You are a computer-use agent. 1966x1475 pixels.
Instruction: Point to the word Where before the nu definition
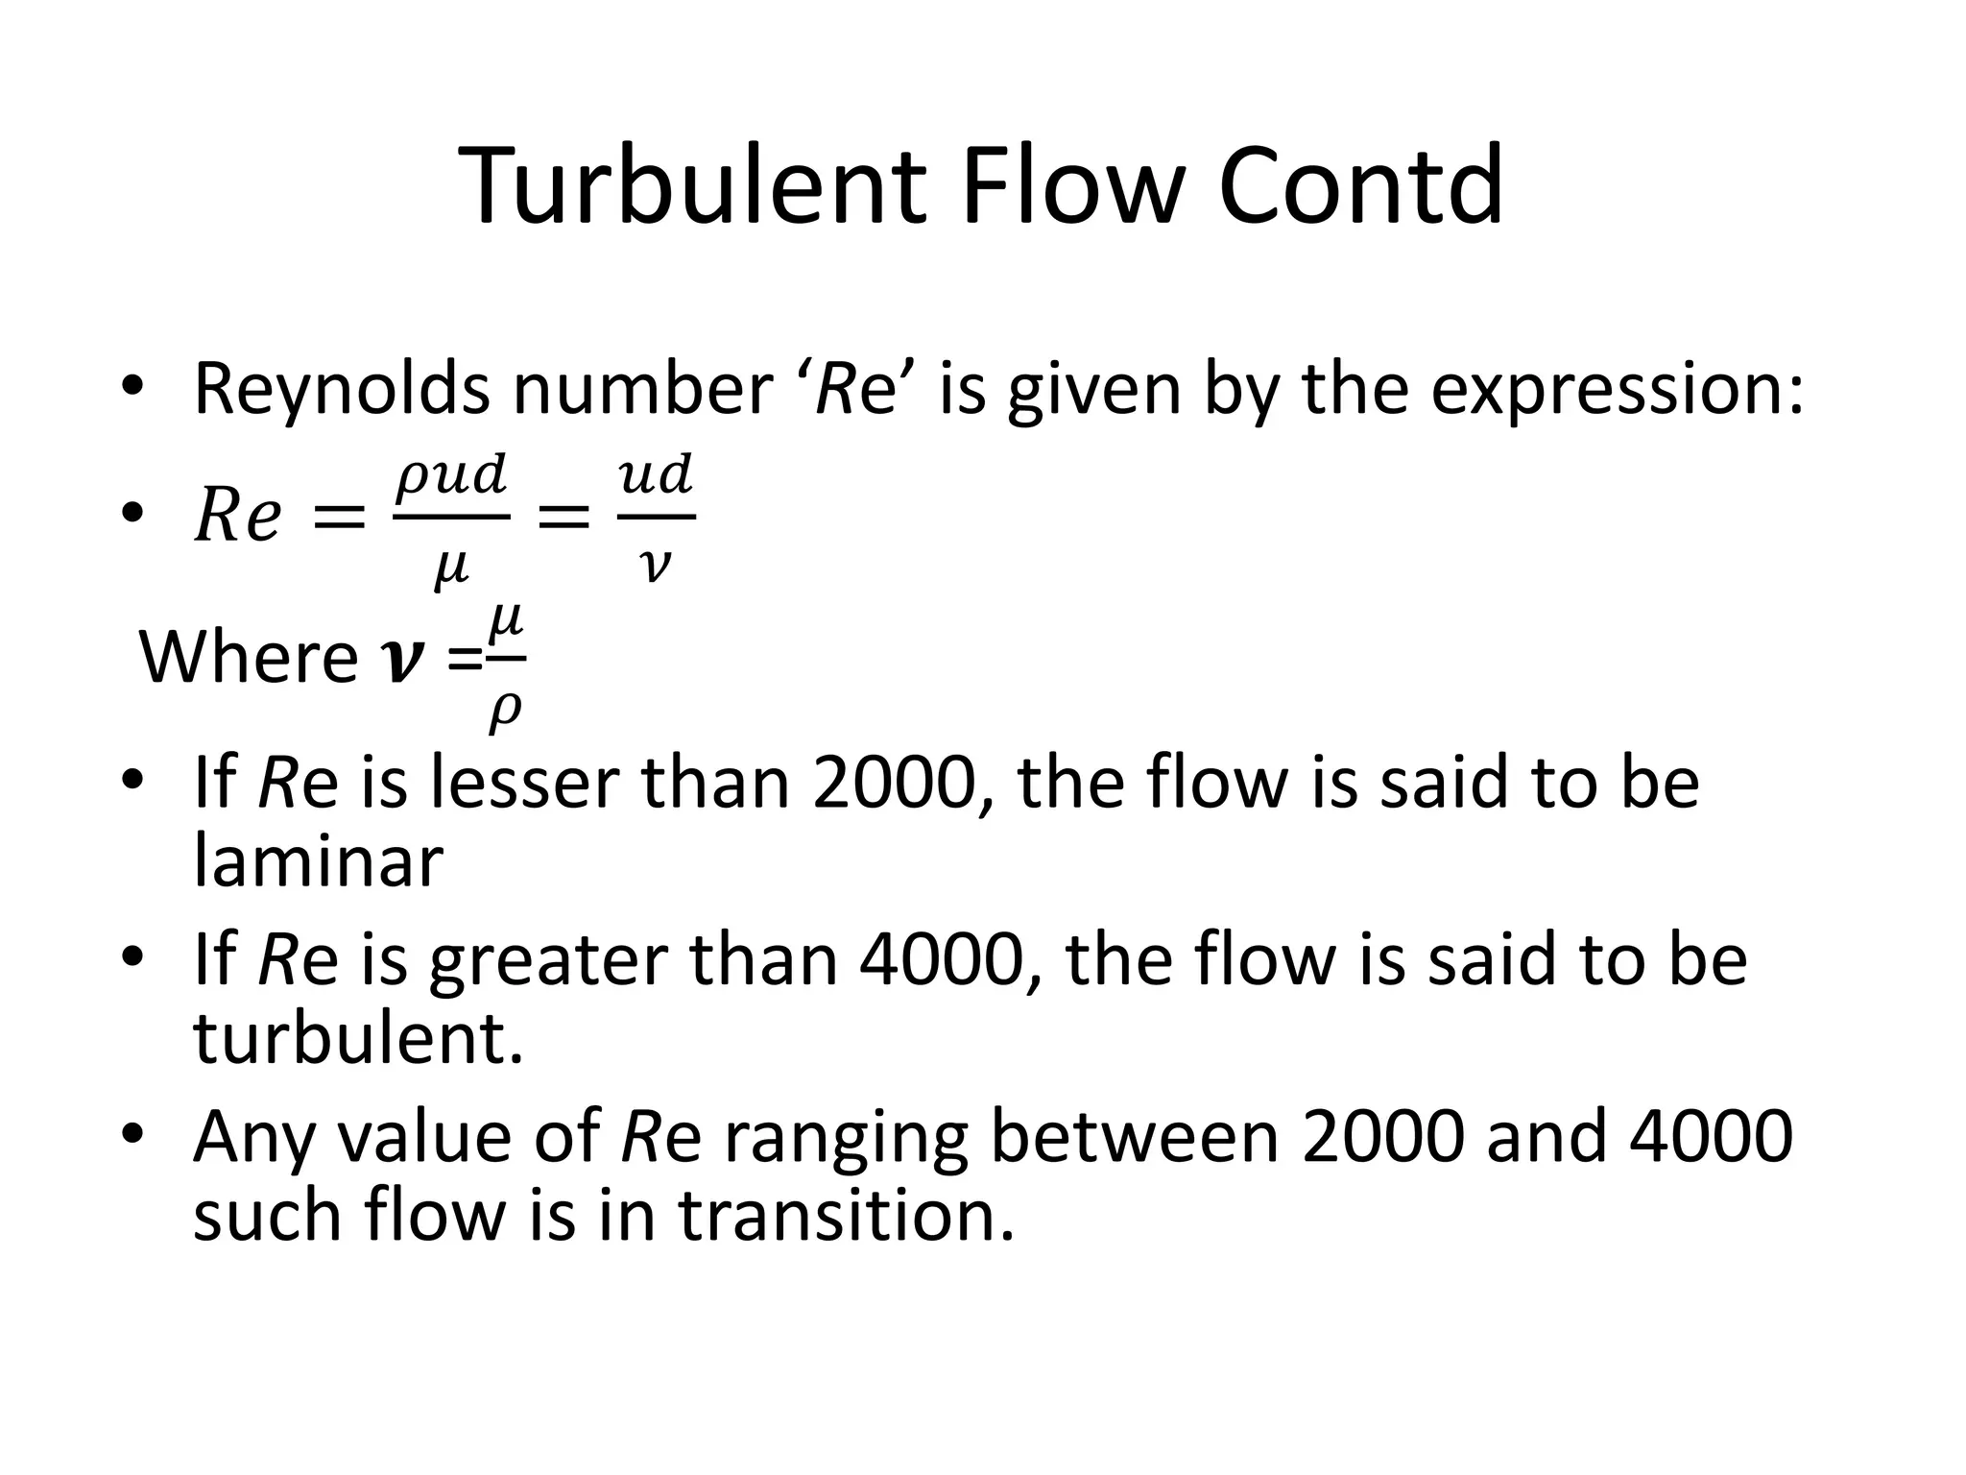tap(249, 658)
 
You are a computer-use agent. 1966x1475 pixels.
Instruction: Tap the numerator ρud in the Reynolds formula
tap(451, 475)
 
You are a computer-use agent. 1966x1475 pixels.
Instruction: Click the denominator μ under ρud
tap(450, 568)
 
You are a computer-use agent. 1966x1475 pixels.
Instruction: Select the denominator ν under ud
tap(655, 567)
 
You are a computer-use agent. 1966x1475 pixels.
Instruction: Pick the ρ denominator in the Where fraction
tap(505, 711)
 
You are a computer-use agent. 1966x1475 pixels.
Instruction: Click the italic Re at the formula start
tap(237, 517)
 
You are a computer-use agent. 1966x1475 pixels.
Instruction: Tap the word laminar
tap(318, 861)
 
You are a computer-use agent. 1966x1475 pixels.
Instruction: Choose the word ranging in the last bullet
tap(845, 1138)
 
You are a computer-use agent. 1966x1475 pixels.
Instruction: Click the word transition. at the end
tap(847, 1215)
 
